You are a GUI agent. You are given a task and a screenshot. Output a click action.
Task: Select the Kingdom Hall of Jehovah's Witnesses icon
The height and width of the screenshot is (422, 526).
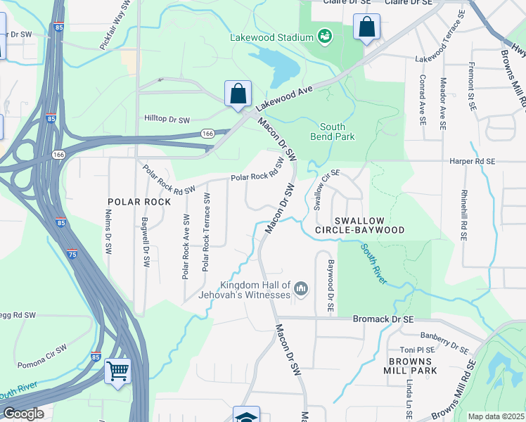point(301,289)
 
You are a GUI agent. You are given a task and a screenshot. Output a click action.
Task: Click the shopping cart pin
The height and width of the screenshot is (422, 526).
point(117,371)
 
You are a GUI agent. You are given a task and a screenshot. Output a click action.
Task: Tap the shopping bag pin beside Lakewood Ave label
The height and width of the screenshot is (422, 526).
point(238,94)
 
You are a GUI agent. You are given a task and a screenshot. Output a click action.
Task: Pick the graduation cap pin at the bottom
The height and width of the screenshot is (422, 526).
point(246,416)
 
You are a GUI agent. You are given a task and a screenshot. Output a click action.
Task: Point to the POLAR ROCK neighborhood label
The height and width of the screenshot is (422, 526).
point(139,202)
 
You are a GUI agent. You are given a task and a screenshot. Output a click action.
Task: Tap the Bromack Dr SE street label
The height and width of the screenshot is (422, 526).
point(385,319)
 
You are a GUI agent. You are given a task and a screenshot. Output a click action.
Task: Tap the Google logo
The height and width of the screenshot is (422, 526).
point(23,414)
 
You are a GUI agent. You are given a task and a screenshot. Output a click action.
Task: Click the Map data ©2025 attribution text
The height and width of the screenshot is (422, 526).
point(496,416)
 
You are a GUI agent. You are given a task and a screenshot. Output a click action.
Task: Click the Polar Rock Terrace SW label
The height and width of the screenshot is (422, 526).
point(207,232)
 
